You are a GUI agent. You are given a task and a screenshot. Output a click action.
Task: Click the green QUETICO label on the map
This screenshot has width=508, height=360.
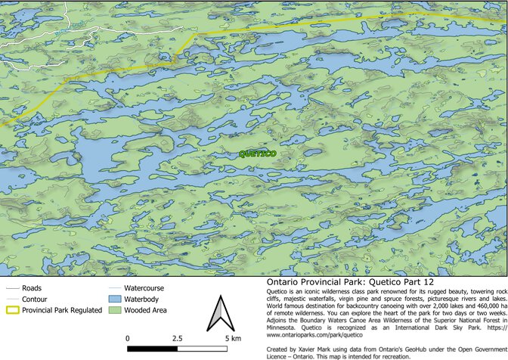point(257,154)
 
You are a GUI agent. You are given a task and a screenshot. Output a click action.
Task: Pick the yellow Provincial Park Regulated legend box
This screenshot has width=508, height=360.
point(11,310)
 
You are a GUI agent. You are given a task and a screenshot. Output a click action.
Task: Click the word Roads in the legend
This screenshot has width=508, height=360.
point(32,288)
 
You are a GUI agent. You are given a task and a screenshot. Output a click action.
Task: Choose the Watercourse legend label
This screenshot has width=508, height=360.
point(144,288)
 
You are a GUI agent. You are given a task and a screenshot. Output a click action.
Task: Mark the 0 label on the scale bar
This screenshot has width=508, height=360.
point(128,337)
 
